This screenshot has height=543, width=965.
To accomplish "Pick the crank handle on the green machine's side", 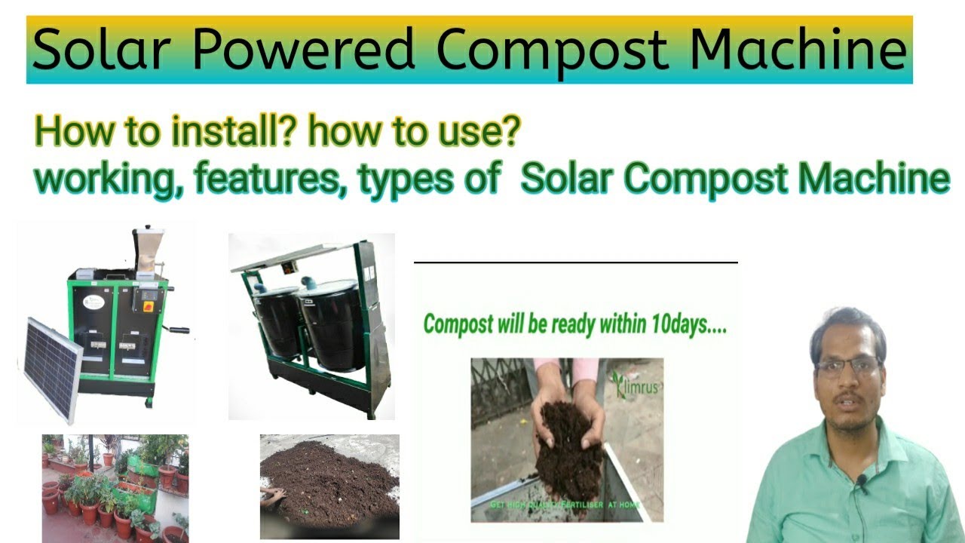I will click(x=178, y=330).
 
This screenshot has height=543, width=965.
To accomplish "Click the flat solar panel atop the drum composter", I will click(x=294, y=256).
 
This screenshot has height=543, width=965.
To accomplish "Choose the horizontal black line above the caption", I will click(x=575, y=262).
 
